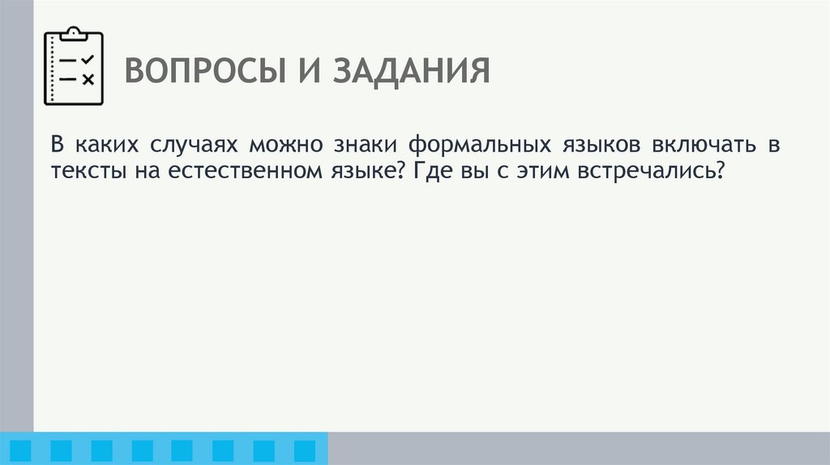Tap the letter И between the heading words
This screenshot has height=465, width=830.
(x=306, y=71)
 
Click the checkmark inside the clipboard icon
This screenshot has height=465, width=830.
(x=88, y=60)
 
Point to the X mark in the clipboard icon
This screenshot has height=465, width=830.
(x=88, y=79)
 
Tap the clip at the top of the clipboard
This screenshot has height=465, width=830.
(x=74, y=33)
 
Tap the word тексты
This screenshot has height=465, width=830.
(x=84, y=171)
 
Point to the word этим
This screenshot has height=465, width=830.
(x=535, y=171)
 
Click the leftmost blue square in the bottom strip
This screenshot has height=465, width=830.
(x=21, y=450)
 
